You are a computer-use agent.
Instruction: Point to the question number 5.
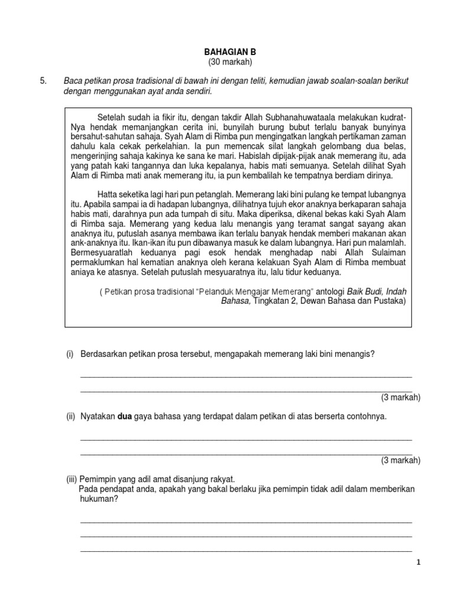[x=43, y=81]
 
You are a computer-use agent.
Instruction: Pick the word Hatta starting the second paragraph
[x=107, y=193]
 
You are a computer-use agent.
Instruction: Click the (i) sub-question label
[x=70, y=354]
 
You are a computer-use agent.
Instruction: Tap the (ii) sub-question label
[x=71, y=417]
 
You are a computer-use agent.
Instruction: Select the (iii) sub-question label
[x=72, y=479]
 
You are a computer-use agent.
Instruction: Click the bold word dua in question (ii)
[x=125, y=417]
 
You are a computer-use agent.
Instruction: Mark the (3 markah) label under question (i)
[x=400, y=397]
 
